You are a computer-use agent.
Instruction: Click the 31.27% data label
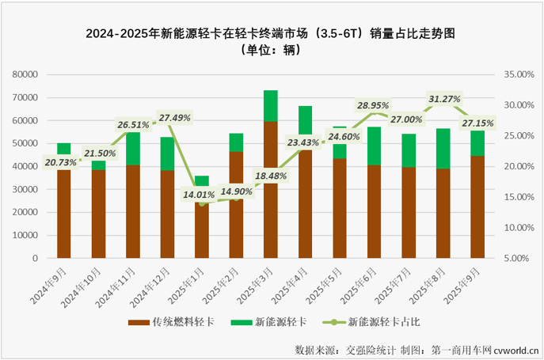(x=444, y=99)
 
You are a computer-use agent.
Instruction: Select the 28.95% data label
(x=374, y=104)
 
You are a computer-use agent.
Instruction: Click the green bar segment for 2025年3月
(x=271, y=105)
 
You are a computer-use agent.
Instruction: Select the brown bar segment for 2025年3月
(x=271, y=189)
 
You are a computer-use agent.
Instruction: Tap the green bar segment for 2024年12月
(x=167, y=153)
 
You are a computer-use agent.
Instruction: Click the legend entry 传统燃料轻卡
(x=178, y=322)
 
